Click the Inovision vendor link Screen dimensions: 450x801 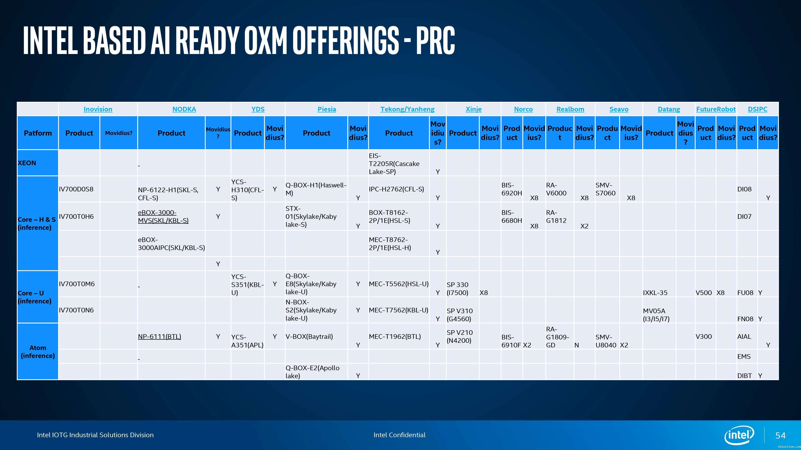click(98, 109)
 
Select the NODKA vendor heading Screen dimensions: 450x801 click(184, 109)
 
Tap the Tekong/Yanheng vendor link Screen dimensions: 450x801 click(407, 109)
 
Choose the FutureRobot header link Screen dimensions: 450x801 click(716, 109)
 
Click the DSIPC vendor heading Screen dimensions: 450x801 click(758, 109)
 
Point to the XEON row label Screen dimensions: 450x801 click(27, 163)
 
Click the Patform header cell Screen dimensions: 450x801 click(38, 133)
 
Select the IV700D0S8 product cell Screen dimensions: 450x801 click(76, 189)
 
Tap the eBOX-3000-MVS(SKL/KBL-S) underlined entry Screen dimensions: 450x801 click(163, 216)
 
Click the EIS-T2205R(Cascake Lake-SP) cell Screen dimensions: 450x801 click(394, 164)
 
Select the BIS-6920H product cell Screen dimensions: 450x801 click(511, 189)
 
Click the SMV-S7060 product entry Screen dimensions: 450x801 click(605, 189)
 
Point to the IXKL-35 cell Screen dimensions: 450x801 click(655, 293)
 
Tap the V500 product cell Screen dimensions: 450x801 click(704, 293)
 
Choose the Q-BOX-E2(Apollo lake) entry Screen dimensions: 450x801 click(313, 372)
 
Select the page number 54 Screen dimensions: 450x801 click(781, 435)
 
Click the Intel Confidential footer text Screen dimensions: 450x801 click(399, 435)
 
